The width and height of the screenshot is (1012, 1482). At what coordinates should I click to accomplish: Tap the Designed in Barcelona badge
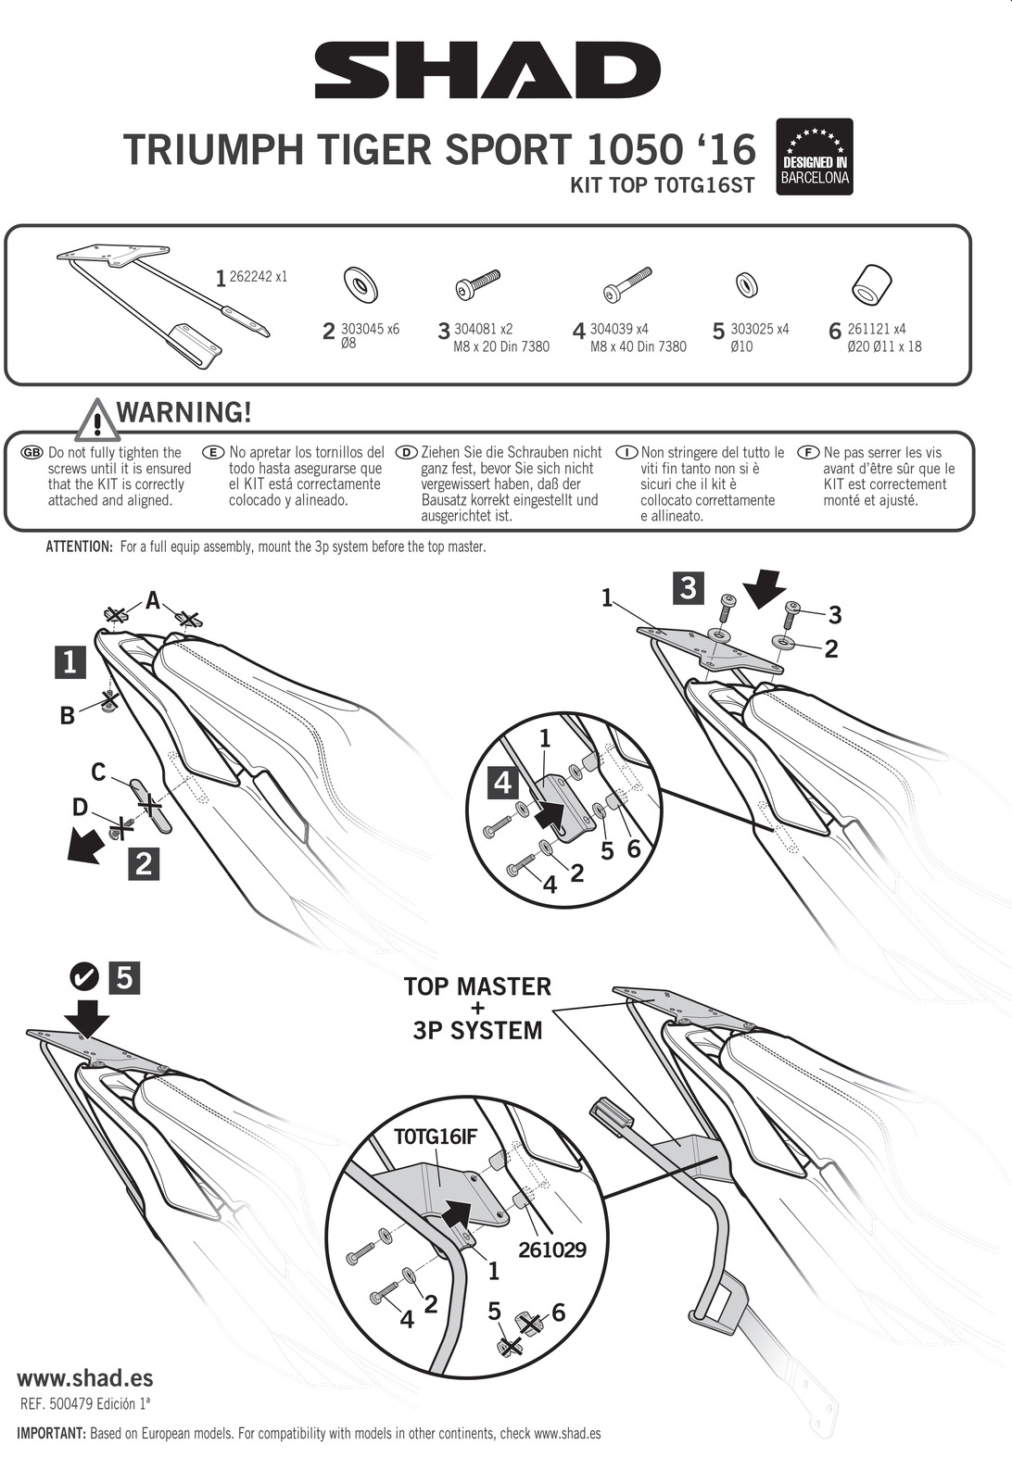[814, 157]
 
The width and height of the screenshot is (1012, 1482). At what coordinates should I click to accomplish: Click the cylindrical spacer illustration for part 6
[871, 285]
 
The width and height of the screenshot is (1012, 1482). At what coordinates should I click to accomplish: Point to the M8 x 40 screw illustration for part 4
[627, 285]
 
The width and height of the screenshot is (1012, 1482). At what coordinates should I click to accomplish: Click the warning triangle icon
[97, 420]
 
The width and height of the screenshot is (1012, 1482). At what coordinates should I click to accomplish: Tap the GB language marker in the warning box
[32, 453]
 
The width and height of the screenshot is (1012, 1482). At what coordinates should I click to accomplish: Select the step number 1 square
[70, 663]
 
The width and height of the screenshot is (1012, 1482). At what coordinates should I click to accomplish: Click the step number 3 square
[688, 587]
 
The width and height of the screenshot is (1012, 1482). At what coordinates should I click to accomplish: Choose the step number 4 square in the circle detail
[503, 783]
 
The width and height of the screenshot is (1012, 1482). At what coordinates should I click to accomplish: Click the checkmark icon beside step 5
[84, 976]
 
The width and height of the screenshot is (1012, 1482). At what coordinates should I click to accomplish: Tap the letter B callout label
[67, 716]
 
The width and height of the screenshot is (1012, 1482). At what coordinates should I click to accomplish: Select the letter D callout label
[80, 807]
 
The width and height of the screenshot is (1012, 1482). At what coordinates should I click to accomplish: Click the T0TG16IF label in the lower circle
[435, 1136]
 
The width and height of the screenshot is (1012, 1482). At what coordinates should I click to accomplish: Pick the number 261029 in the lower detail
[552, 1250]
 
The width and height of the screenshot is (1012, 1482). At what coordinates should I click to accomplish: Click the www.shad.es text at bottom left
[84, 1377]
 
